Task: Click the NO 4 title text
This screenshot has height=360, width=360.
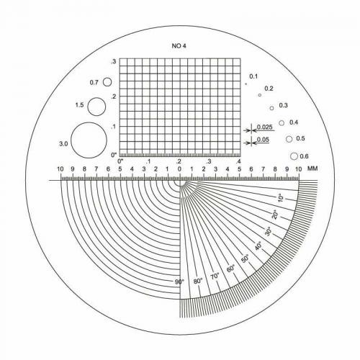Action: click(179, 46)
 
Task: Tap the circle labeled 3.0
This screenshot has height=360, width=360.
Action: click(71, 140)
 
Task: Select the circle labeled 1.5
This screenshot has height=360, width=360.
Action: click(88, 107)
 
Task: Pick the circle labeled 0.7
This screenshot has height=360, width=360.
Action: click(103, 82)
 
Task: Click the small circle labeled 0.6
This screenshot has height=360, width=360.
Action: click(290, 156)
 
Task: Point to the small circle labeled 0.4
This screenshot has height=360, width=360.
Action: click(279, 123)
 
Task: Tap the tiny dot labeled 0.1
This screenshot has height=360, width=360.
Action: click(246, 84)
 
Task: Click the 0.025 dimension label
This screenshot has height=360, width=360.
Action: click(265, 127)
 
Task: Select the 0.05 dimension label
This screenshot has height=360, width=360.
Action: click(263, 140)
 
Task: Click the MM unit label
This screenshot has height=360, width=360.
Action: click(312, 168)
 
